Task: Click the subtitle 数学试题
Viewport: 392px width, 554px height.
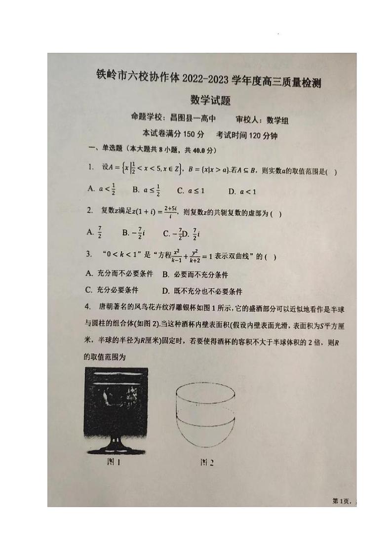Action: point(211,101)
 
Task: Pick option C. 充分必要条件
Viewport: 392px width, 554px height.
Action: point(112,290)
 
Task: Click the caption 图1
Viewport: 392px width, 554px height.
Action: point(114,463)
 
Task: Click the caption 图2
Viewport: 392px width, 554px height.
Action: point(206,463)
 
